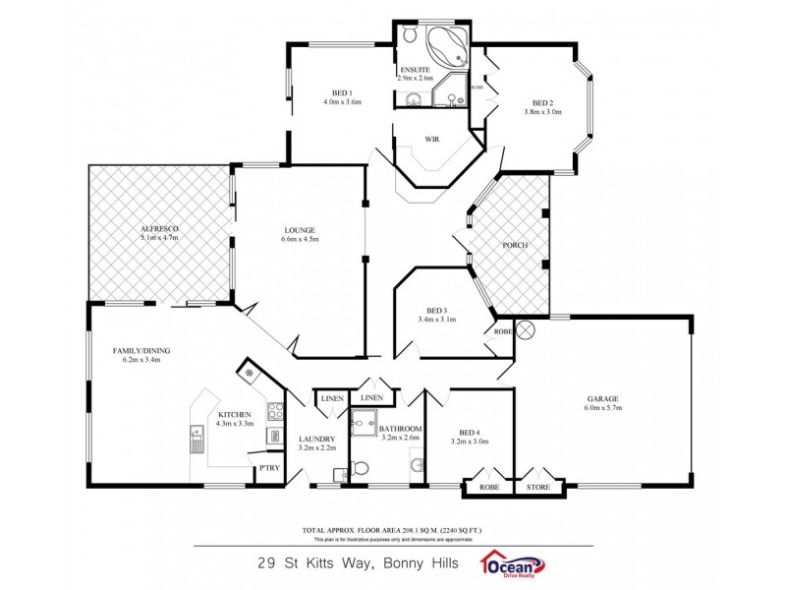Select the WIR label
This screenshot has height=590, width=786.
tap(431, 140)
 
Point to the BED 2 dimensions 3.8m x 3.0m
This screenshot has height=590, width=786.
tap(542, 112)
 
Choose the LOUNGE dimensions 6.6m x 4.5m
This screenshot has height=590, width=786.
tap(300, 239)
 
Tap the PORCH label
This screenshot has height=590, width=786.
tap(514, 245)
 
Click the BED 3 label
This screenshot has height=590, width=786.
tap(437, 309)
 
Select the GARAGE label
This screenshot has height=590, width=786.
tap(603, 399)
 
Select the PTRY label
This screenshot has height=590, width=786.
tap(268, 468)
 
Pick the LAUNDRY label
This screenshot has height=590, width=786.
tap(317, 439)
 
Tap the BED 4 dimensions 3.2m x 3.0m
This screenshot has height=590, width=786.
tap(469, 442)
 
